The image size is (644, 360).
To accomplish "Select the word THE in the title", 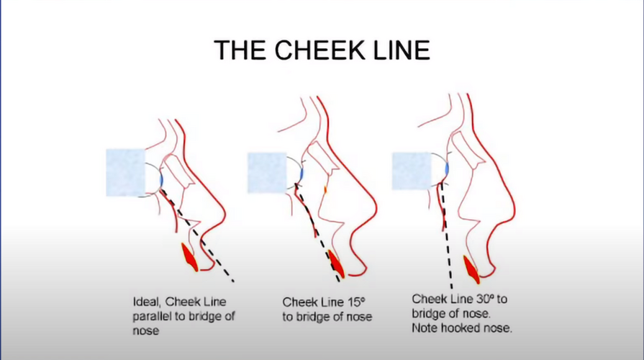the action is (240, 50).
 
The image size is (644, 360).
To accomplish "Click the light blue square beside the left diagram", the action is (125, 173).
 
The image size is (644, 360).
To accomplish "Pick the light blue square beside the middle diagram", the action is (267, 173).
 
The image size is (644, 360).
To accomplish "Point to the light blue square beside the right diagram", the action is (412, 171).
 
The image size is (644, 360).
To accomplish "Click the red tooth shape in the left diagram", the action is (190, 257).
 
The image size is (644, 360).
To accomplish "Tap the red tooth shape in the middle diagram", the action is (337, 265).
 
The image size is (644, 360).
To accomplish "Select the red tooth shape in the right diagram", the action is (471, 269).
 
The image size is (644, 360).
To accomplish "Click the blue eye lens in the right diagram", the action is (446, 168).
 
